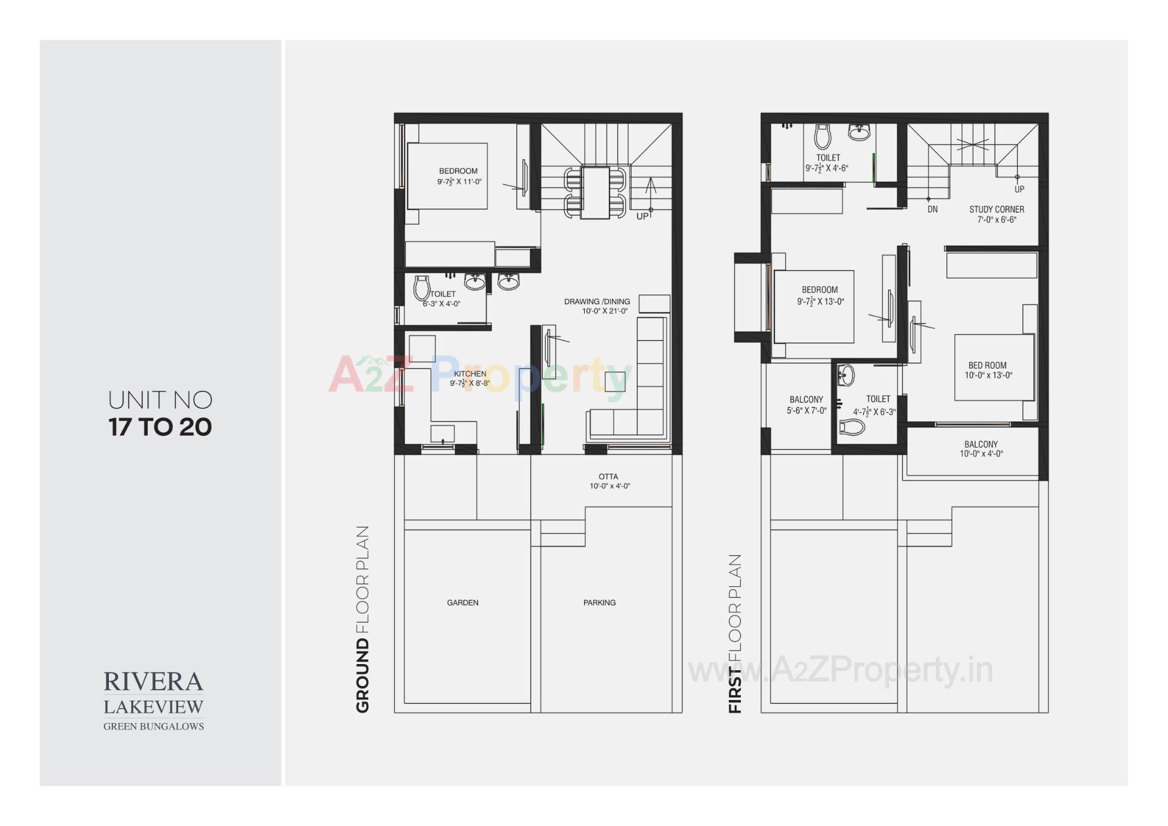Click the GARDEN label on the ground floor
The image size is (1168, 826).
click(x=462, y=603)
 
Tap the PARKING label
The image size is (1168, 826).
click(x=599, y=603)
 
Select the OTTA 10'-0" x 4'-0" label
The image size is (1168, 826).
click(x=609, y=481)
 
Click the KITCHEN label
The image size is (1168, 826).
click(x=470, y=374)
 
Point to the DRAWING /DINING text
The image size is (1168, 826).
click(x=597, y=301)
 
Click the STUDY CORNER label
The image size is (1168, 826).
click(x=996, y=209)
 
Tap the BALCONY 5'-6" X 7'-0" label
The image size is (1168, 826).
click(x=806, y=405)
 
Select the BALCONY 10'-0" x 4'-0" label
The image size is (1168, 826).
click(x=981, y=449)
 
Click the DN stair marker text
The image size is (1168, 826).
click(x=933, y=209)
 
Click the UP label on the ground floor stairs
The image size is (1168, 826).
click(x=642, y=216)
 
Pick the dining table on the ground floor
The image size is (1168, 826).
click(x=595, y=192)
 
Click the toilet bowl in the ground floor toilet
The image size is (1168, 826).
click(x=421, y=287)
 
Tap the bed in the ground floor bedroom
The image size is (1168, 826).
click(x=447, y=177)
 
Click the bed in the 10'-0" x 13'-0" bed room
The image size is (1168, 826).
click(x=994, y=367)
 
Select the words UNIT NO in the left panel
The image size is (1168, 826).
click(x=160, y=401)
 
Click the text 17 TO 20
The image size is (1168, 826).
click(x=160, y=427)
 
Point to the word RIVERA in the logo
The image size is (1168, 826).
click(x=153, y=682)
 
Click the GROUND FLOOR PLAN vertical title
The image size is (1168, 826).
click(x=363, y=619)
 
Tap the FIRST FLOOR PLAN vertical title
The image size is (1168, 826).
click(x=735, y=633)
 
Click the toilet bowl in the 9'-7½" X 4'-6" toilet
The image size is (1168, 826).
click(x=822, y=137)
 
